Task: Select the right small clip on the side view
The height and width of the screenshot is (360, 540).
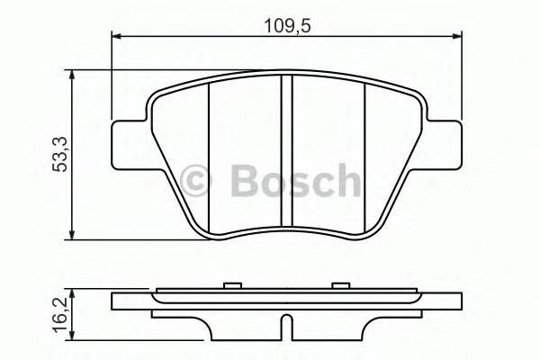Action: coord(340,287)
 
